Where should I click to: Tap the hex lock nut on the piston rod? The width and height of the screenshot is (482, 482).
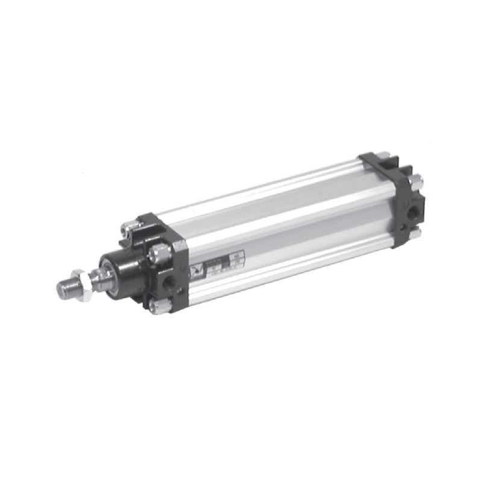[84, 282]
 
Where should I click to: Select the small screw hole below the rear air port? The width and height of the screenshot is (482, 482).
[403, 228]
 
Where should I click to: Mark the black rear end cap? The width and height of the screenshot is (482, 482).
[392, 199]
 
